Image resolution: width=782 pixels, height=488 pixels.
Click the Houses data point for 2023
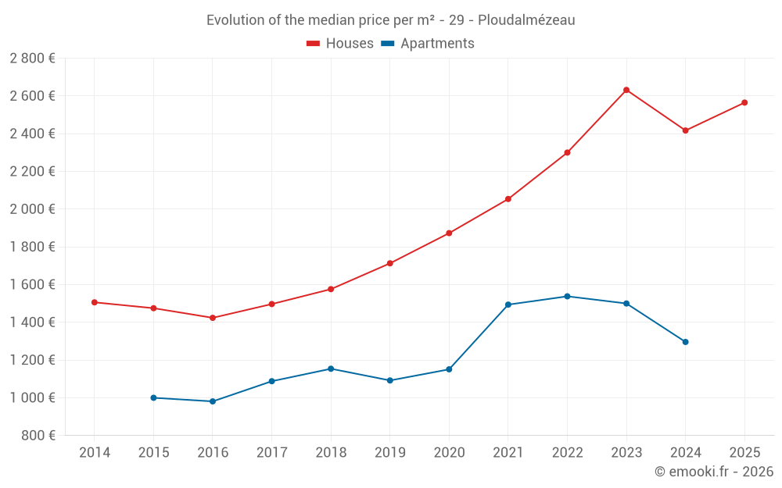point(626,90)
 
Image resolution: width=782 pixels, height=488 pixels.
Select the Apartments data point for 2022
point(567,297)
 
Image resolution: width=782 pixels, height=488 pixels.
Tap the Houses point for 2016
point(213,318)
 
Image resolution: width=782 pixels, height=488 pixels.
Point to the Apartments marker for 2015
point(153,398)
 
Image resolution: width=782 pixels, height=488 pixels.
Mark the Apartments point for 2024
point(685,342)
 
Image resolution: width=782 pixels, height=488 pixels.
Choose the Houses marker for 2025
point(744,102)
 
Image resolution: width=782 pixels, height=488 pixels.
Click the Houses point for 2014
point(94,302)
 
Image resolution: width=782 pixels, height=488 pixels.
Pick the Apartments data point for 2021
point(508,305)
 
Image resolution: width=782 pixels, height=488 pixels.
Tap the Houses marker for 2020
point(449,233)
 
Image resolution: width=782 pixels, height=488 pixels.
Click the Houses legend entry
point(340,44)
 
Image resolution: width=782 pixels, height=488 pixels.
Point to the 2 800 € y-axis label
point(33,59)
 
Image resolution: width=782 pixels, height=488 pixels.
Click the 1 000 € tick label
point(33,398)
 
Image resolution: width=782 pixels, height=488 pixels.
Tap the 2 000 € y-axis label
point(33,209)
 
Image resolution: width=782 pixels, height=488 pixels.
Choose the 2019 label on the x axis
point(389,452)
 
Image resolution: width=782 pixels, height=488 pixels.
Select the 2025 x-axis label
point(744,452)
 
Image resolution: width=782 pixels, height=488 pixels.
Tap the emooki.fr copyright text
point(713,472)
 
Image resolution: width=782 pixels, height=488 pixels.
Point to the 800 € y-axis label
point(38,436)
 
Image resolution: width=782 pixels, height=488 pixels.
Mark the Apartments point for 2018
point(331,369)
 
